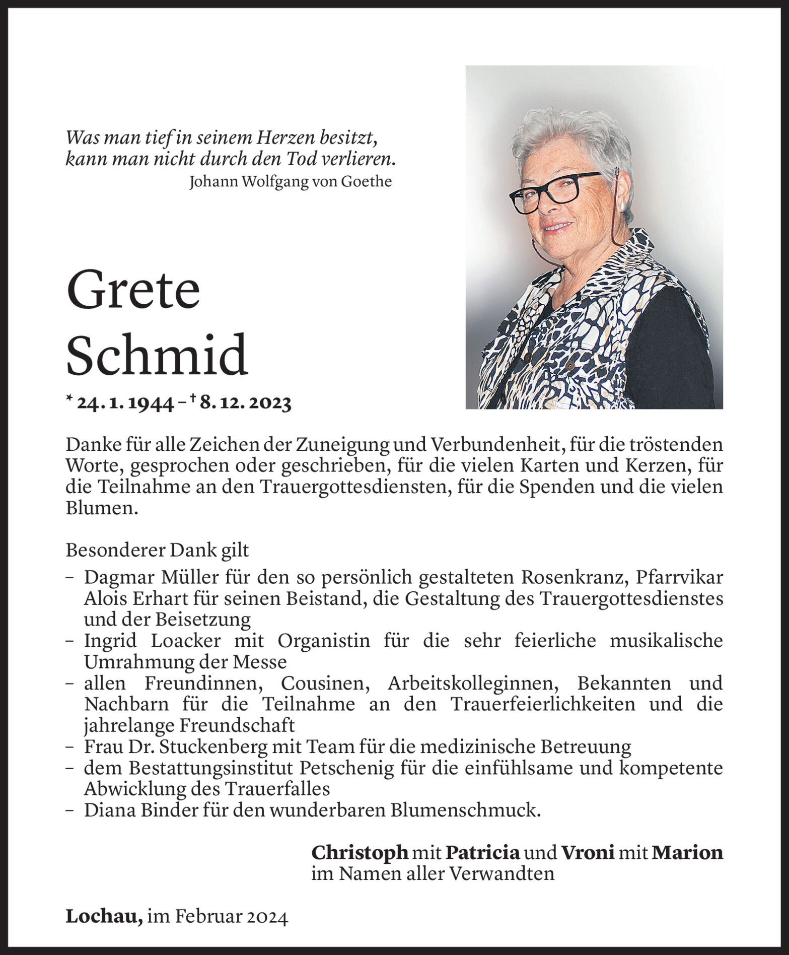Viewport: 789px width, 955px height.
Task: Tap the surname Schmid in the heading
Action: (157, 355)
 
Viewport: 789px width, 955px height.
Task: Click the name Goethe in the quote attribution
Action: (366, 181)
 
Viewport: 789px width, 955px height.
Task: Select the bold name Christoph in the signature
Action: (360, 852)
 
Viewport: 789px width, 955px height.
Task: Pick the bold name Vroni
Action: (588, 852)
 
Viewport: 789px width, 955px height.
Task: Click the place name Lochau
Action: (103, 917)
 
